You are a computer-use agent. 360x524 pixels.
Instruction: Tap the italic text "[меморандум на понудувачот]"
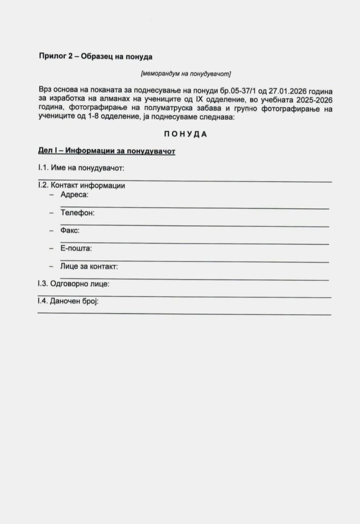coord(186,74)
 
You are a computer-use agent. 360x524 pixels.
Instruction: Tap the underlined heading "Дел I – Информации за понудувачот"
coord(106,151)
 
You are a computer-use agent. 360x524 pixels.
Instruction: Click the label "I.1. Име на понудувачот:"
coord(81,168)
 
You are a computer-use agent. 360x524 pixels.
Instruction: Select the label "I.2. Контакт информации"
coord(81,186)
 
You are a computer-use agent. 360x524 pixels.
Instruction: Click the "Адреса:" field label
coord(74,195)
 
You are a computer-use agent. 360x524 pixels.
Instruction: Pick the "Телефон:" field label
coord(77,212)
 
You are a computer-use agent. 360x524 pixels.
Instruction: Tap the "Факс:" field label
coord(70,230)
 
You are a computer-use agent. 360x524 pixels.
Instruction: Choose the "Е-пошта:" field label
coord(76,248)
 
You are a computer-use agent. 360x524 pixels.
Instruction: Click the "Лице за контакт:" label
coord(89,266)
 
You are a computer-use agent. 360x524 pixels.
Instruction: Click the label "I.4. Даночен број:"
coord(68,301)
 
